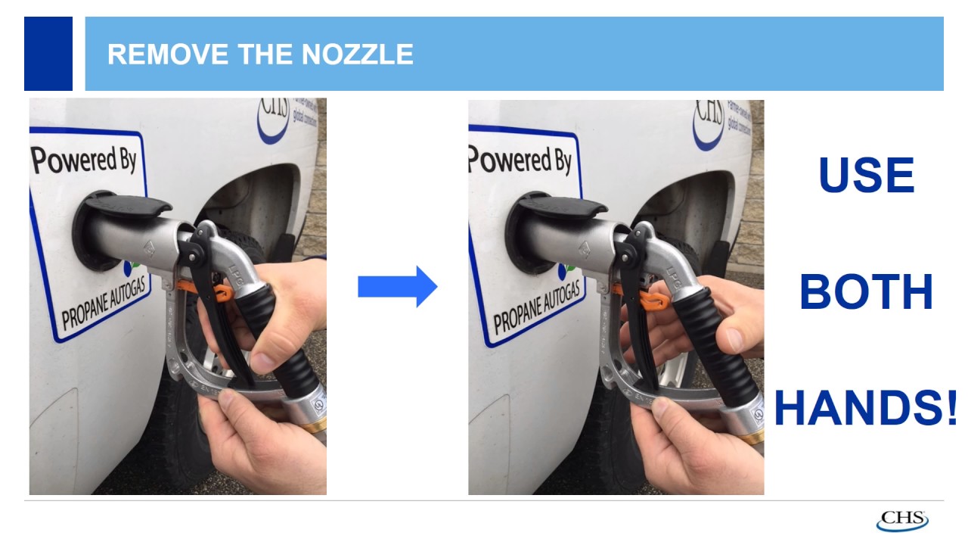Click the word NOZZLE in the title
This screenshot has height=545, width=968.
coord(357,54)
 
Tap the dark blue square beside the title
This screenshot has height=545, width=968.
coord(48,54)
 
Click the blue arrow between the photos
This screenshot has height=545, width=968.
coord(397,287)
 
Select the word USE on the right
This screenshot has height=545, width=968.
coord(866,176)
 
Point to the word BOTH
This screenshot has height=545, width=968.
coord(866,292)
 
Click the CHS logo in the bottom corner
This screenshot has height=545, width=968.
coord(901,521)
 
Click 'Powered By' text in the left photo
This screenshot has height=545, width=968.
coord(84,160)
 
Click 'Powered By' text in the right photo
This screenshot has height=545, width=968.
coord(520,160)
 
